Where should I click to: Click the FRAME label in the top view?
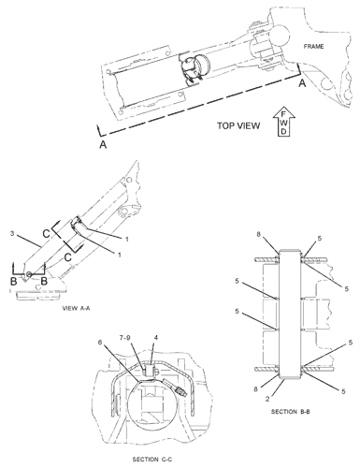click(313, 47)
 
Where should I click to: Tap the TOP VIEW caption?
click(238, 125)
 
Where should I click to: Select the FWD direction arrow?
click(283, 123)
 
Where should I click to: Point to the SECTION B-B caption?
click(291, 412)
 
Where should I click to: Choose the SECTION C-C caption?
click(152, 460)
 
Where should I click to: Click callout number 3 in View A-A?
click(12, 233)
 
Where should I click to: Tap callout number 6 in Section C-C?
click(100, 343)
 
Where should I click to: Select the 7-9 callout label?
click(125, 338)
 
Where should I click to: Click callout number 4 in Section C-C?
click(156, 338)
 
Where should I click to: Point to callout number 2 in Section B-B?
click(267, 399)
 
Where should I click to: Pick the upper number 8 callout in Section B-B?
click(258, 234)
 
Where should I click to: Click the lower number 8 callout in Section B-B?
click(255, 389)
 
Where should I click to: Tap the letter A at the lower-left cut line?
click(103, 145)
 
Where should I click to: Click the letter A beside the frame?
click(302, 83)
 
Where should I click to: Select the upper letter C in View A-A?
click(46, 234)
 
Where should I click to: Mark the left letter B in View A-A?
click(14, 281)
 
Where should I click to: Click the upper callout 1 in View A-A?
click(127, 240)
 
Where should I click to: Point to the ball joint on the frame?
click(279, 34)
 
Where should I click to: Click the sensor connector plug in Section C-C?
click(180, 390)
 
